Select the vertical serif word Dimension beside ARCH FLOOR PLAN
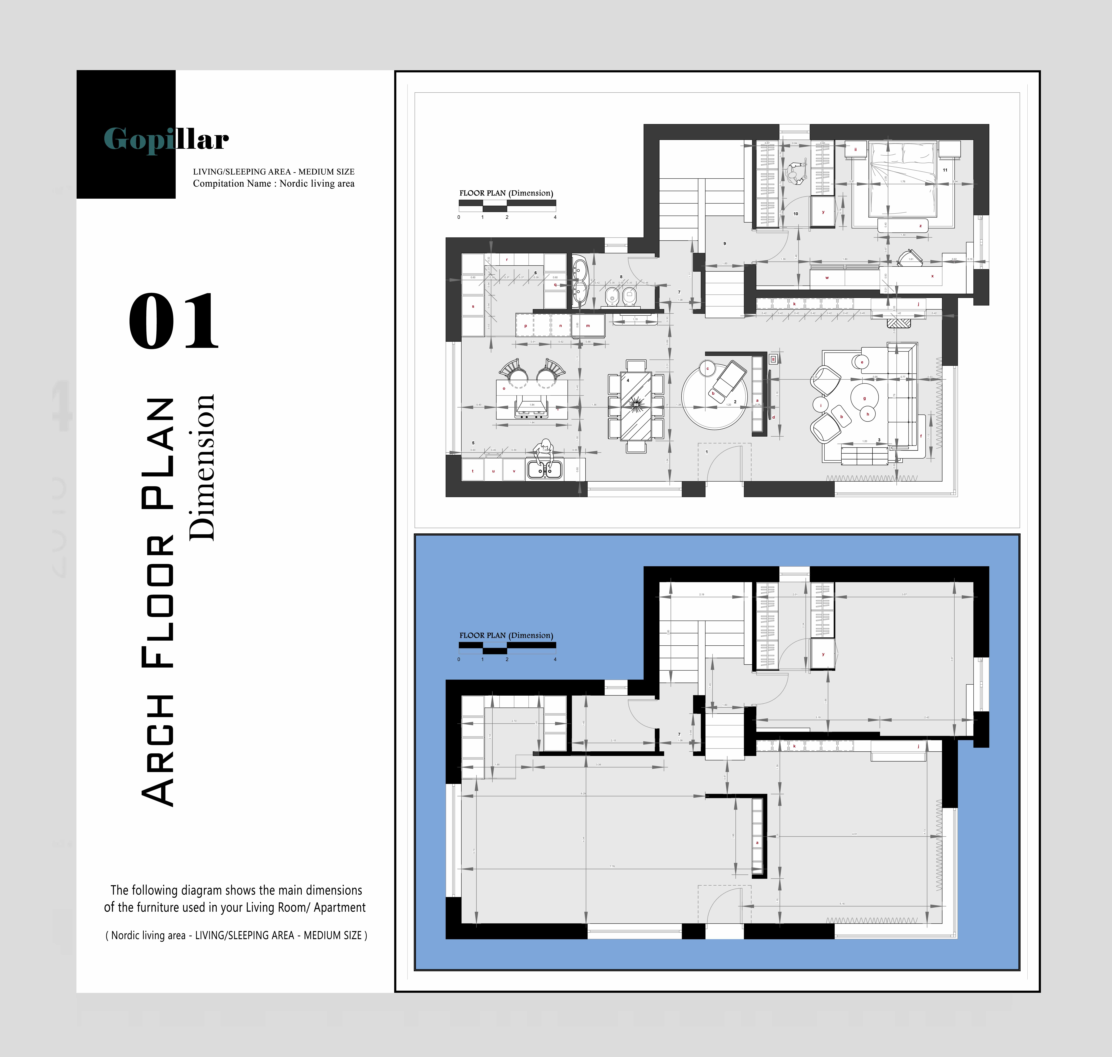pyautogui.click(x=201, y=468)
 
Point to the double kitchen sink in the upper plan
pyautogui.click(x=544, y=469)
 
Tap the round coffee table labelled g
pyautogui.click(x=864, y=397)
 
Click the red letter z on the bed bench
pyautogui.click(x=920, y=226)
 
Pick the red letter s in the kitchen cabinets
pyautogui.click(x=473, y=307)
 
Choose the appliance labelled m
pyautogui.click(x=588, y=326)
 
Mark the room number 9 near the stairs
pyautogui.click(x=725, y=243)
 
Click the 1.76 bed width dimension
pyautogui.click(x=902, y=181)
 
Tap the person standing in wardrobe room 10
pyautogui.click(x=796, y=173)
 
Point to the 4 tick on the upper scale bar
pyautogui.click(x=555, y=217)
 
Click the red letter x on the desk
pyautogui.click(x=932, y=276)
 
